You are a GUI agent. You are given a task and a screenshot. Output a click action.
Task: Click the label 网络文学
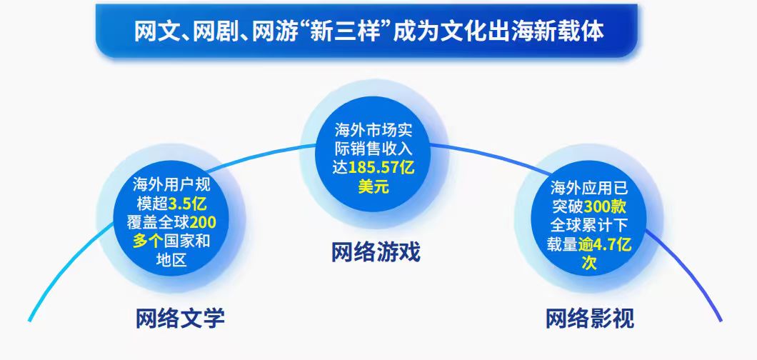(180, 318)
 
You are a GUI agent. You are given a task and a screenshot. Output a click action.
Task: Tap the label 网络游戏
(376, 252)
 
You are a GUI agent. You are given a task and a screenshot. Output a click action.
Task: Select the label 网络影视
(589, 318)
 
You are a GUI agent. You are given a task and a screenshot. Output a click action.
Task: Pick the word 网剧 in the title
(213, 31)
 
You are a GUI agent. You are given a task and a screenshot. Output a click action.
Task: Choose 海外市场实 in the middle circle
(375, 131)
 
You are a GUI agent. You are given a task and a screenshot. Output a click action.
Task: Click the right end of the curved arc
(720, 319)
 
